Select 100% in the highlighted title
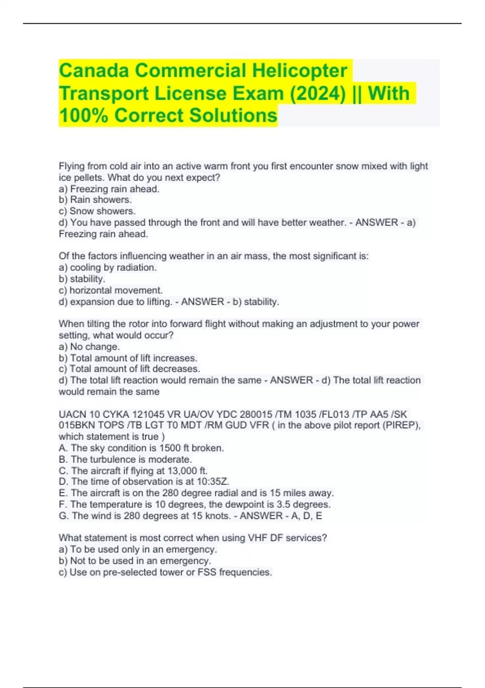(83, 115)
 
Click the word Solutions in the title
(233, 115)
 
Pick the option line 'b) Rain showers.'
(95, 200)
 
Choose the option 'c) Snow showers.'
(97, 211)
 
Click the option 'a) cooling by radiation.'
(108, 268)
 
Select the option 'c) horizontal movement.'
(110, 290)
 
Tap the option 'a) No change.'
(89, 347)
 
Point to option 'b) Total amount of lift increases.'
(128, 358)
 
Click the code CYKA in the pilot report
(116, 414)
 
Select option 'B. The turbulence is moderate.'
(125, 459)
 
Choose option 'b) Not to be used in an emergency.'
(135, 561)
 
